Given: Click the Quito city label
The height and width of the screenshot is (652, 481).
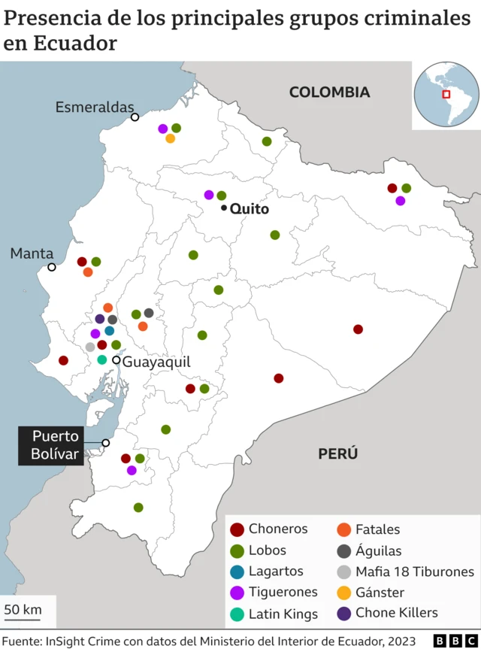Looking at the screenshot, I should click(249, 209).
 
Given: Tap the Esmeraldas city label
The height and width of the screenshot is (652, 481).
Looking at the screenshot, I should click(94, 108).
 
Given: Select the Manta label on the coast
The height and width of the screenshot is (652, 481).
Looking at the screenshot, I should click(32, 253).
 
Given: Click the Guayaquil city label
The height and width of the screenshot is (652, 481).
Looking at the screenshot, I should click(156, 362).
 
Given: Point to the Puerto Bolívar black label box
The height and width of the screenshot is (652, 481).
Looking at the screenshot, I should click(56, 445).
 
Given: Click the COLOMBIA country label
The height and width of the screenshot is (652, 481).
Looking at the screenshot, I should click(329, 92).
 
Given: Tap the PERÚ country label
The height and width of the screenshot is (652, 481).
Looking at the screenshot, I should click(337, 453).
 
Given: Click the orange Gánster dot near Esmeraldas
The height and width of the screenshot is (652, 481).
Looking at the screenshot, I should click(171, 138).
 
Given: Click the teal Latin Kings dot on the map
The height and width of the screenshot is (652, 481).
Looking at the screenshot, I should click(102, 359).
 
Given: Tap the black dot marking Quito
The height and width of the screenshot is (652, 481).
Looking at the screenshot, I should click(224, 208).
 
